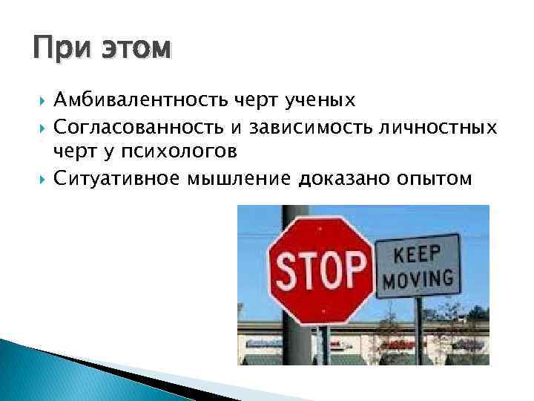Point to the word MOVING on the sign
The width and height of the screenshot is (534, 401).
coord(419,281)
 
